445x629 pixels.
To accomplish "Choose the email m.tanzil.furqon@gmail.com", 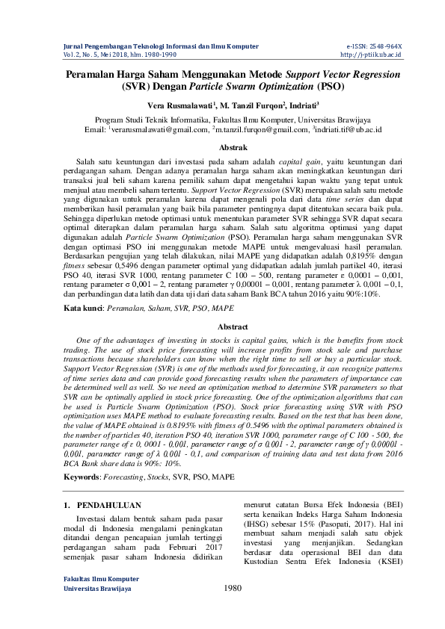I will click(x=250, y=129).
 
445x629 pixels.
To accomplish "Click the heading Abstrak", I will click(x=222, y=148).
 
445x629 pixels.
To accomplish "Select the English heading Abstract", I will click(x=222, y=326).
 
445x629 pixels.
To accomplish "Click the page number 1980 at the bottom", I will click(x=233, y=609).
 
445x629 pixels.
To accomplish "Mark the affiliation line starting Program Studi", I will click(x=222, y=119).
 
